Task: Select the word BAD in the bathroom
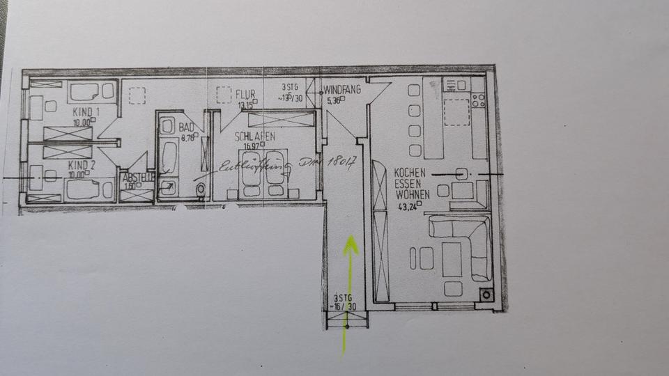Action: [x=186, y=128]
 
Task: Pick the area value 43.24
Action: [x=409, y=206]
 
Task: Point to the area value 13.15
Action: [x=245, y=106]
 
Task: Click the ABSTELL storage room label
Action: [x=137, y=178]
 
